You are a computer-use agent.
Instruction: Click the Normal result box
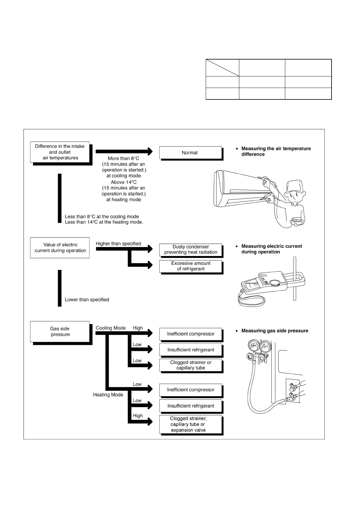point(190,153)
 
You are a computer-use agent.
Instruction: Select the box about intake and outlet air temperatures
point(60,152)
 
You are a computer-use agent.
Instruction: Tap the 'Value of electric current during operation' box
point(60,248)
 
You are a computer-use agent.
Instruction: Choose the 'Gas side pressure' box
point(60,332)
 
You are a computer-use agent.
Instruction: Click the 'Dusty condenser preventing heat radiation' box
point(191,249)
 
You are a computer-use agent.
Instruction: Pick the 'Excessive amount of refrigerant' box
point(191,266)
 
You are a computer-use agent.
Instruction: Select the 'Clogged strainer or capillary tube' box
point(191,365)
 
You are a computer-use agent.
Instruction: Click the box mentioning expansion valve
point(191,424)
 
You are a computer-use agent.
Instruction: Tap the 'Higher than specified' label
point(118,244)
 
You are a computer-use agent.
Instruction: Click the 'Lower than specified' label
point(87,300)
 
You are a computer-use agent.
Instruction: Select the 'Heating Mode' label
point(108,395)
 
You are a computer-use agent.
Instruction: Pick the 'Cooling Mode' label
point(110,328)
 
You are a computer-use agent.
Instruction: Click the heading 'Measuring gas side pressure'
point(275,331)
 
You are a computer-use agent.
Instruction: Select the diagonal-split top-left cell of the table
point(222,68)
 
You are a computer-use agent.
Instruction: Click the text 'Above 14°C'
point(123,182)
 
